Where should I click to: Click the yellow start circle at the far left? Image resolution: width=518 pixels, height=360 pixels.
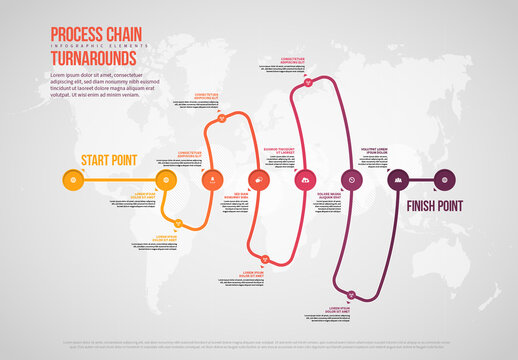(x=72, y=180)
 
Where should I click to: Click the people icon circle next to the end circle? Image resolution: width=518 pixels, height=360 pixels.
(x=398, y=180)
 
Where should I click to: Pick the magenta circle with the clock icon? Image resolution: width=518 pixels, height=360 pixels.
(x=351, y=180)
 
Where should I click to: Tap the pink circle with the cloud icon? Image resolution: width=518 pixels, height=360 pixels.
(x=305, y=180)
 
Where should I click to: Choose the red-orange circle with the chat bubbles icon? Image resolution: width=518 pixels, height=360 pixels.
(x=259, y=180)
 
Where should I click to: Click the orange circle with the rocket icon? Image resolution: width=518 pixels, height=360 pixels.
(x=212, y=180)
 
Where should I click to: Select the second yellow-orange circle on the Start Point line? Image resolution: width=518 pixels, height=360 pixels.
(x=166, y=180)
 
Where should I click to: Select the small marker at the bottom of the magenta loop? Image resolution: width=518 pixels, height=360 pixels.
(x=351, y=293)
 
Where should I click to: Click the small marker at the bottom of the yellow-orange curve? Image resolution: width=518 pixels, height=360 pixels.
(x=179, y=223)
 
